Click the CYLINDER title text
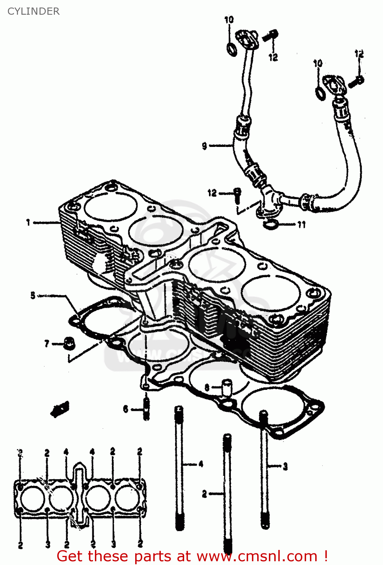click(33, 11)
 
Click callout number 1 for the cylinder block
click(28, 223)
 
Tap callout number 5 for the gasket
click(33, 295)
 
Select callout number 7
click(47, 344)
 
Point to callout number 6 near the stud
click(126, 409)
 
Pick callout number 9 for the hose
click(204, 146)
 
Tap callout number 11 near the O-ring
click(301, 225)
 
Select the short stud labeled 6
click(146, 409)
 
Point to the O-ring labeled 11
click(270, 224)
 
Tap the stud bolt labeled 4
click(179, 467)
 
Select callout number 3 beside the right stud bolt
click(285, 466)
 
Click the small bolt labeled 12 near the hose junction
click(237, 194)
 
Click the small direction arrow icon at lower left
click(60, 409)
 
